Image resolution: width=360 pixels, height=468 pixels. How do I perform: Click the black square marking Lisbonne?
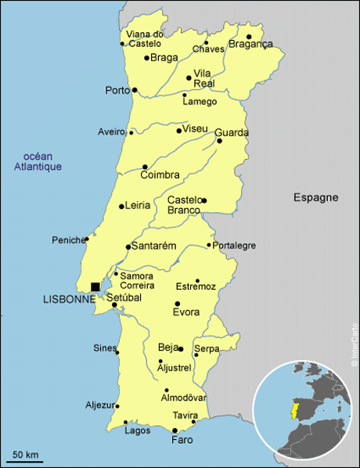(x=95, y=287)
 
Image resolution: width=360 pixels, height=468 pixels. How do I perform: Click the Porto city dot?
(x=135, y=90)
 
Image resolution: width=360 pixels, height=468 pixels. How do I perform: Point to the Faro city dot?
(x=175, y=430)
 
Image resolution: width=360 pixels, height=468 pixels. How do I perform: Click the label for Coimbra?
(x=161, y=175)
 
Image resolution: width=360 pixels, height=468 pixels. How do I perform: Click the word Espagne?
(x=315, y=197)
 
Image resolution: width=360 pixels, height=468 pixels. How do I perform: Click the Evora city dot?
(x=178, y=304)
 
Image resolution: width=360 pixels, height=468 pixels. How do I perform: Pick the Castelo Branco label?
(x=185, y=205)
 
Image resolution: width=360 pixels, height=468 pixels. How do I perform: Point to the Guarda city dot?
(x=219, y=141)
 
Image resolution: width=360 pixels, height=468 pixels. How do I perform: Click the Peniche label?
(x=67, y=239)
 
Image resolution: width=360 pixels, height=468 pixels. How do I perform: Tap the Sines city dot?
(x=117, y=351)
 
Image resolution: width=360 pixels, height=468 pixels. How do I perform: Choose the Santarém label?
(x=155, y=246)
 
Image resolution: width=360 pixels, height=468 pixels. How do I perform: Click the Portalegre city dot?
(x=209, y=245)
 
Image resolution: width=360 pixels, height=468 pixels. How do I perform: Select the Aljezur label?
(x=99, y=405)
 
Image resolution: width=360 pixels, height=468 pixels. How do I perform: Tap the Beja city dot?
(x=181, y=348)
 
